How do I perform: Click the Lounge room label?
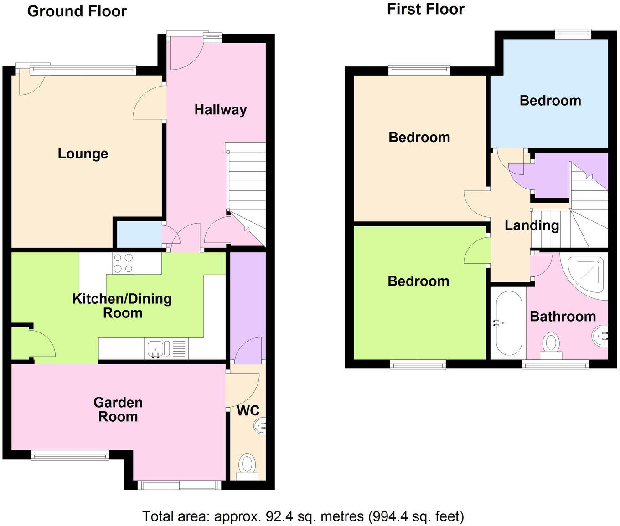tap(83, 154)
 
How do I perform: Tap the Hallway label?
tap(221, 110)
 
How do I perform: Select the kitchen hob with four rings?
tap(123, 263)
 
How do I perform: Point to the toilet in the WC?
tap(247, 465)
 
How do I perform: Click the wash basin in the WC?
tap(260, 425)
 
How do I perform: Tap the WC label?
tap(248, 410)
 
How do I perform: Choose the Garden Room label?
tap(118, 409)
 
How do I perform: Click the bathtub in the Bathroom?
tap(508, 323)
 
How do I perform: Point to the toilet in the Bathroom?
tap(551, 344)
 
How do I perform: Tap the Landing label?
tap(532, 225)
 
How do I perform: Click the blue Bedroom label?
tap(550, 101)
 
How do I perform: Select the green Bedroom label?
tap(418, 281)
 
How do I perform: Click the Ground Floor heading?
tap(77, 11)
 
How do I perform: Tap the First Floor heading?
tap(425, 9)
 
